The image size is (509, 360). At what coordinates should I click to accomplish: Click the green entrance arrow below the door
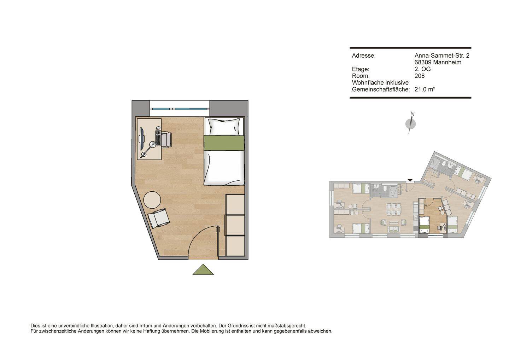tap(203, 270)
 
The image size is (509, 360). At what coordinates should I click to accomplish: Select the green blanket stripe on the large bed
tap(224, 143)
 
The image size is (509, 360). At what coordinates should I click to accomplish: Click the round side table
tap(152, 200)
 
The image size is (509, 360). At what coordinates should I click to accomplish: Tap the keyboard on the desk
tap(158, 138)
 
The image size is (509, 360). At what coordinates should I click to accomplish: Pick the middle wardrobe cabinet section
tap(235, 225)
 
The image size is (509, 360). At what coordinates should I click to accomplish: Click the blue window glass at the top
tap(180, 109)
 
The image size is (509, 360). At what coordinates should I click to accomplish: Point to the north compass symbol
tap(410, 123)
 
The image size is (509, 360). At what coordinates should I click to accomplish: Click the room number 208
tap(419, 76)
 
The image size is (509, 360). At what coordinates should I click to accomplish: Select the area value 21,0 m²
tap(425, 89)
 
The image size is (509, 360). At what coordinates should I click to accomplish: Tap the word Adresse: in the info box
tap(363, 56)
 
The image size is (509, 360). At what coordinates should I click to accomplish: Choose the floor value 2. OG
tap(422, 69)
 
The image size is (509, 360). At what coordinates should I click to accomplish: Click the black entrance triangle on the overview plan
tap(410, 181)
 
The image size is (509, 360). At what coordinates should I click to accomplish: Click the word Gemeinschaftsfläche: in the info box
tap(380, 89)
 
